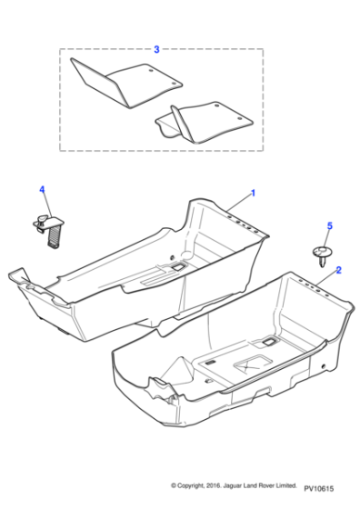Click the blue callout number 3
click(156, 49)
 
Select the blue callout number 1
click(253, 193)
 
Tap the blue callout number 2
click(338, 270)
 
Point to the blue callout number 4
click(42, 189)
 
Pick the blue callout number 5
click(329, 225)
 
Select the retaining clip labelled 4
click(49, 231)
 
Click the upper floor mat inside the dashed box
click(126, 83)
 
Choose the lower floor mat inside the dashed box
click(204, 123)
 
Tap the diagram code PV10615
click(319, 488)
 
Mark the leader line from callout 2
click(326, 279)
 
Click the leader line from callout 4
click(47, 205)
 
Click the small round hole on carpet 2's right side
click(323, 366)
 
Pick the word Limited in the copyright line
click(286, 485)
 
